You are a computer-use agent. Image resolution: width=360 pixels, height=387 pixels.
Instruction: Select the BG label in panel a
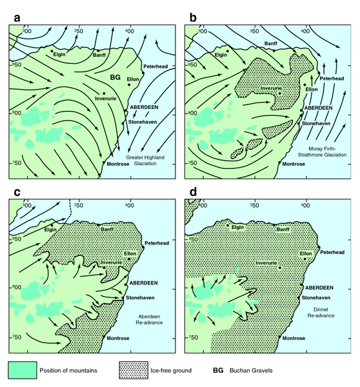(x=115, y=77)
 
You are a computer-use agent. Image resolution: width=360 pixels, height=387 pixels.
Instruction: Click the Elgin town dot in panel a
(x=52, y=50)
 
